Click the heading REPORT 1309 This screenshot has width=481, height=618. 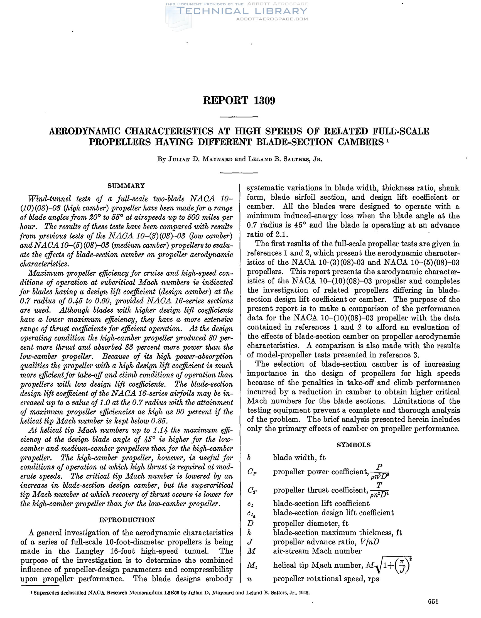click(239, 100)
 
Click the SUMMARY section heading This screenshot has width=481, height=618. click(126, 186)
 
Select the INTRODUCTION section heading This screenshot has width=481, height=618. click(127, 520)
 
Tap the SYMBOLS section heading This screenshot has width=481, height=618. click(354, 445)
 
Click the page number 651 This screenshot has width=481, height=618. click(433, 609)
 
